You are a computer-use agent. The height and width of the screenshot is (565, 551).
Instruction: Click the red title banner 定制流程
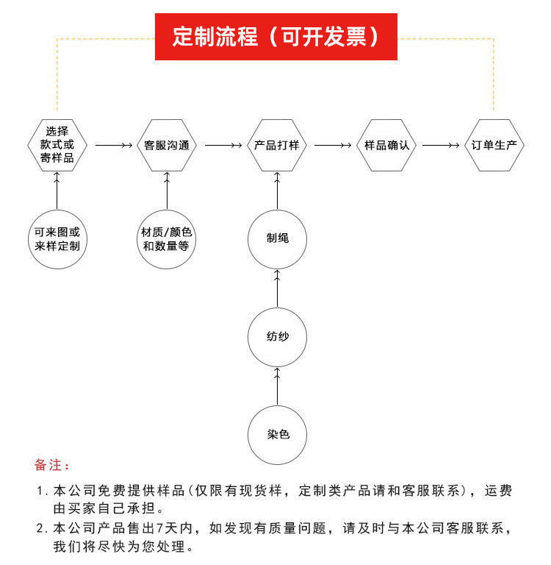click(x=275, y=37)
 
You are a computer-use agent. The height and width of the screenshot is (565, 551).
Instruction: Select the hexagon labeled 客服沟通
click(x=167, y=145)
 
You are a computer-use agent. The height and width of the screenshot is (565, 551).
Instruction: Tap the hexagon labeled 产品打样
click(x=277, y=145)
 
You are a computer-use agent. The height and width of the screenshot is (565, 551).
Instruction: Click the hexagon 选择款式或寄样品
click(x=57, y=145)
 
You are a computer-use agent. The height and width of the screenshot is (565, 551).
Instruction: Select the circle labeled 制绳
click(x=277, y=238)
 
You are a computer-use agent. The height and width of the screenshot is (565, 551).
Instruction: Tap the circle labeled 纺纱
click(x=277, y=338)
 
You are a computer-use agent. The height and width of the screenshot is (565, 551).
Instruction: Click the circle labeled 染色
click(x=277, y=434)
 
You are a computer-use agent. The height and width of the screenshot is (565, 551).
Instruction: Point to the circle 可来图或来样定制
click(x=57, y=238)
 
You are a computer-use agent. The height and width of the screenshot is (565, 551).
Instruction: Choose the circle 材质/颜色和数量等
click(x=167, y=238)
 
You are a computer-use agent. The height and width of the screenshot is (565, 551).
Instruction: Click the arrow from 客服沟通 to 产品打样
click(x=223, y=146)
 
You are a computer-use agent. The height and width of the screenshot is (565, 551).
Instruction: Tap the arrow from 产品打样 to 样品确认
click(x=332, y=146)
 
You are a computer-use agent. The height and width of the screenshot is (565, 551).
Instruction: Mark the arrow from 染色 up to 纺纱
click(x=277, y=386)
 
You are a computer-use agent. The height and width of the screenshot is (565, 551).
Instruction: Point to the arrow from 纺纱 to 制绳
click(x=277, y=288)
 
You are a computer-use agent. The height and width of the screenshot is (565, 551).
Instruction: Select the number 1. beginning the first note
click(x=41, y=491)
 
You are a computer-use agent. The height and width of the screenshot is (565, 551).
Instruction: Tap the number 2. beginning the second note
click(x=41, y=529)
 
